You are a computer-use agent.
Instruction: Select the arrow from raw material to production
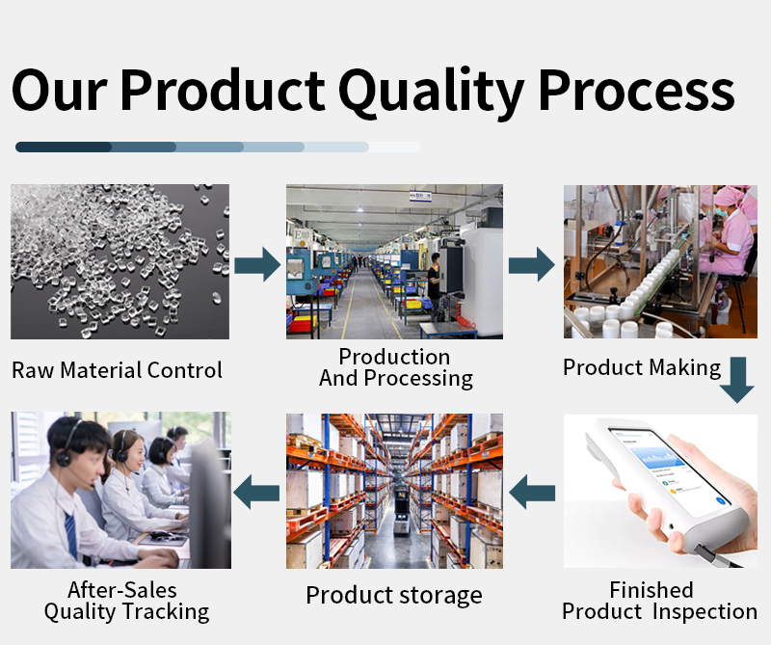coord(257,262)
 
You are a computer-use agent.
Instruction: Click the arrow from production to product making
coord(531,262)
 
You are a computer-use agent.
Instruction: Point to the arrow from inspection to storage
coord(532,495)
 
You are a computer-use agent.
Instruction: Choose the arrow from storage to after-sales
coord(257,491)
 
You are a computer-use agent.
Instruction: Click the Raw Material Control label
coord(117,370)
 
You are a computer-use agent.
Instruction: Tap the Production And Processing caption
coord(395,367)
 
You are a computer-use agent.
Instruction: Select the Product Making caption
coord(641,367)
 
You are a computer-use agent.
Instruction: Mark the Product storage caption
coord(393,595)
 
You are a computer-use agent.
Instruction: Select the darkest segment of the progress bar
coord(64,147)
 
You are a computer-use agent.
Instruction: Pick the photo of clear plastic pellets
coord(120,261)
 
